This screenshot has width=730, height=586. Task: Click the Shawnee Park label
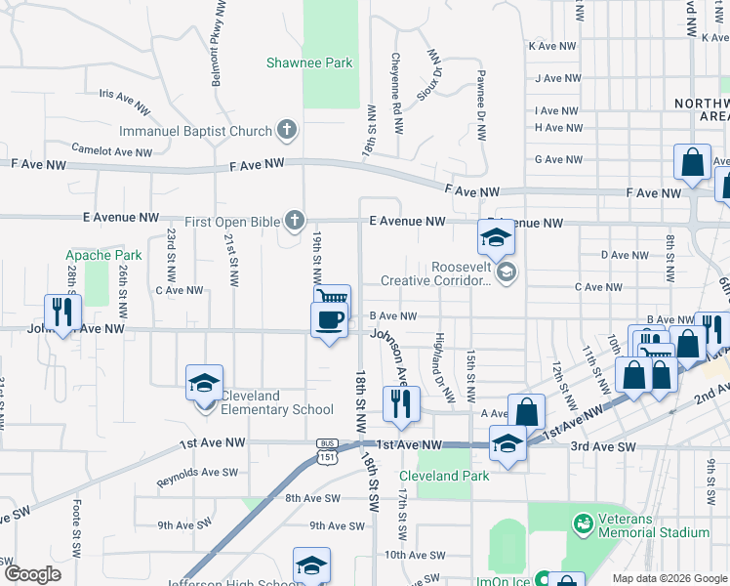coord(309,63)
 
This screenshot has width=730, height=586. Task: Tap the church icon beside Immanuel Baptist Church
coord(287,130)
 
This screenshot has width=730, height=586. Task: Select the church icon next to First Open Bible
coord(293,219)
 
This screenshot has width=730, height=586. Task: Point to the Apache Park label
coord(103,255)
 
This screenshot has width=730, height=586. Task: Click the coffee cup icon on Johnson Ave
coord(329,318)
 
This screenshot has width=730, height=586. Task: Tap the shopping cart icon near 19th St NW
coord(332,296)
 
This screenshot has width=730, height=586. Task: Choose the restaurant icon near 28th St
coord(61,311)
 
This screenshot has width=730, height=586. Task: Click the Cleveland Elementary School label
coord(277,402)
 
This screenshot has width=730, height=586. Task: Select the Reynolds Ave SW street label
coord(197,478)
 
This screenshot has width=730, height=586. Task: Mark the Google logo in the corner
coord(33,573)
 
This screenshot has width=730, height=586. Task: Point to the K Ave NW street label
coord(554,46)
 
